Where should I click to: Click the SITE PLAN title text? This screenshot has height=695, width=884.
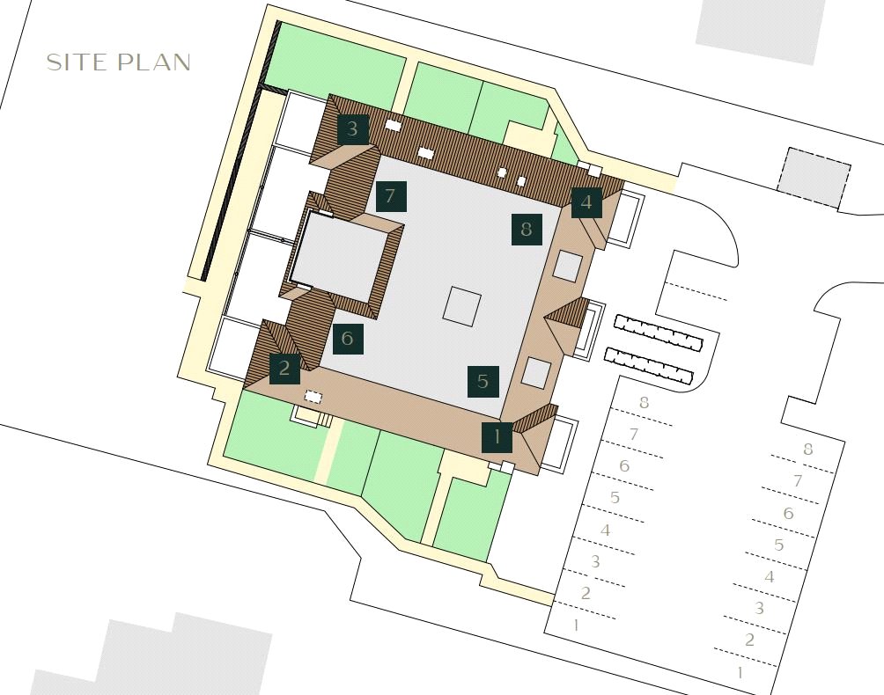[118, 62]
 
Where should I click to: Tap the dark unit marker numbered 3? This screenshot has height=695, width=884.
[353, 128]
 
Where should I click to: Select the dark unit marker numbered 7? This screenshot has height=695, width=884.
[391, 196]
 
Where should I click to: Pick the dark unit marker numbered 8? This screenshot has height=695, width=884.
[527, 230]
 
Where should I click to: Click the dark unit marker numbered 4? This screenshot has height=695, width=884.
[586, 202]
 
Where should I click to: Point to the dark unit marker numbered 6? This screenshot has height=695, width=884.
[348, 338]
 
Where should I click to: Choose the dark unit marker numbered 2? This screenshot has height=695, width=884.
[284, 369]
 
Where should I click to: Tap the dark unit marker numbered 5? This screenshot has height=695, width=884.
[483, 381]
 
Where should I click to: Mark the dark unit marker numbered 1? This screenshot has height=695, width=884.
[497, 437]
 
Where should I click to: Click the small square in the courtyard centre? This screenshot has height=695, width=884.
[462, 305]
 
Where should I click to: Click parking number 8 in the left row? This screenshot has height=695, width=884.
[644, 403]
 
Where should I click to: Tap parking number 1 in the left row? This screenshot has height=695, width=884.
[576, 625]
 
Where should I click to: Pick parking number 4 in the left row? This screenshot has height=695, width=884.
[606, 530]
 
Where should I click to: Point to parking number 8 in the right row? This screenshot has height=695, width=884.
[808, 450]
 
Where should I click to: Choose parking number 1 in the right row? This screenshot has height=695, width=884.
[740, 672]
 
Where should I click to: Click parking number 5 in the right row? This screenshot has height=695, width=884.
[779, 545]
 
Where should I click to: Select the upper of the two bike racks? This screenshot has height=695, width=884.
[659, 332]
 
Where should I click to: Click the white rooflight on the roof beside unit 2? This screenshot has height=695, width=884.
[313, 397]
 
